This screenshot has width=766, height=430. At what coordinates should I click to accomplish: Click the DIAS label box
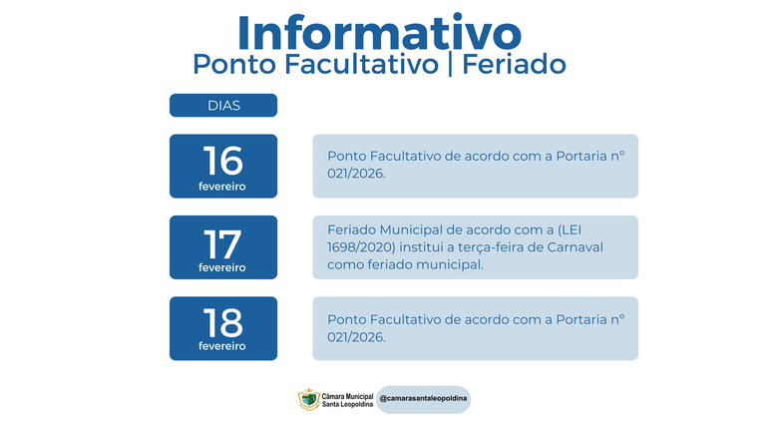point(223,105)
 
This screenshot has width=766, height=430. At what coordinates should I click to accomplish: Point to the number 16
point(222,160)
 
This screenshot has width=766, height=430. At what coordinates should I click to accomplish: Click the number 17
point(222,241)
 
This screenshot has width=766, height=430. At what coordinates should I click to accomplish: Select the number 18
point(222,321)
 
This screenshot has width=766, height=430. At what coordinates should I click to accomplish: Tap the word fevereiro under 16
point(222,187)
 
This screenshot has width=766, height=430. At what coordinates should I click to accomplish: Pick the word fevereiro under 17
point(222,267)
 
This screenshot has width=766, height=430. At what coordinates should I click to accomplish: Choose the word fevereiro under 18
point(222,346)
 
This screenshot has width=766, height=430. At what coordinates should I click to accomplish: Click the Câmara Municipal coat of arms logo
point(309,399)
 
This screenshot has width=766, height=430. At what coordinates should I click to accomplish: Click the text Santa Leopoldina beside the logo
point(347,404)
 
